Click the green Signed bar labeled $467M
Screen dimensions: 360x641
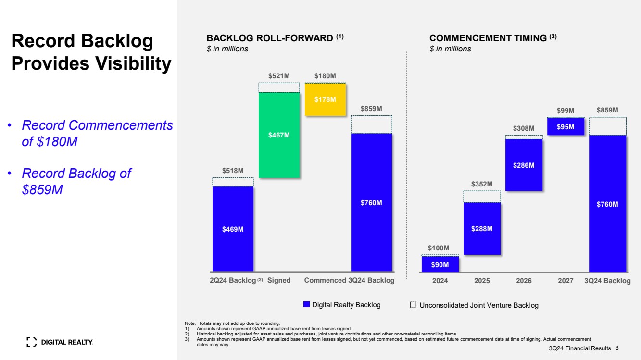(279, 135)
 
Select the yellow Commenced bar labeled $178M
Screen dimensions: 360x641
(325, 99)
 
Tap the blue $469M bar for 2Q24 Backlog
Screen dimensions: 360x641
(233, 229)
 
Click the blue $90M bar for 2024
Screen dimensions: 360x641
(440, 264)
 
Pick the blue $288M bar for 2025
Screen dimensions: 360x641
(482, 229)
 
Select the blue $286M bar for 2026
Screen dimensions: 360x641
(524, 165)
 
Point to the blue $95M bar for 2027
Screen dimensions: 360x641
(566, 127)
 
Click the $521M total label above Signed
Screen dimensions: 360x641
(279, 76)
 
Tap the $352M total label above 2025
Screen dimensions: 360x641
(482, 184)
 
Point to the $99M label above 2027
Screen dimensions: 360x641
(566, 111)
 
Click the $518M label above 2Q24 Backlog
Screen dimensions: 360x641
(233, 171)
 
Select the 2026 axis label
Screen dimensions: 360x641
(524, 281)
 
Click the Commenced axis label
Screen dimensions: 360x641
(325, 280)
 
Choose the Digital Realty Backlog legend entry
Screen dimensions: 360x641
(342, 305)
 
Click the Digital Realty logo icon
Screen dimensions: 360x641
(31, 342)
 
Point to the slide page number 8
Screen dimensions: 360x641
(617, 348)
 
